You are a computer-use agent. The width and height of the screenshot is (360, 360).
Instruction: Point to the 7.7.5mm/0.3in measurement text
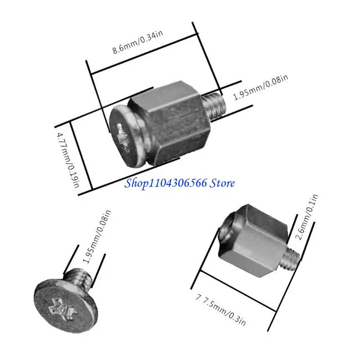click(x=221, y=311)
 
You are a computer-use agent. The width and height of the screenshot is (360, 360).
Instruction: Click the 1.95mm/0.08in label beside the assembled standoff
click(x=261, y=88)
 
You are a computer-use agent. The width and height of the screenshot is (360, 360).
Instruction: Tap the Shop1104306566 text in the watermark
click(x=165, y=183)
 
